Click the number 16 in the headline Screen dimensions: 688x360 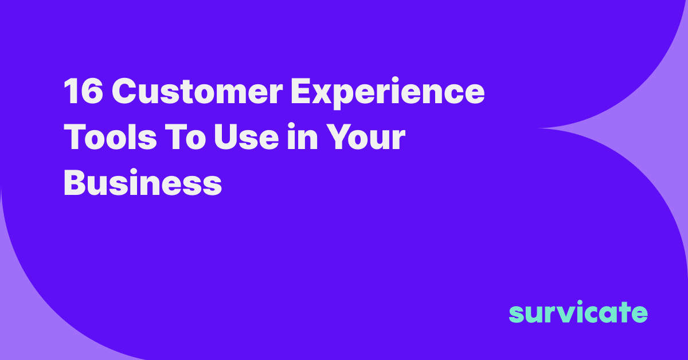[x=83, y=91]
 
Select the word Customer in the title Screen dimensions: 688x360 [x=197, y=91]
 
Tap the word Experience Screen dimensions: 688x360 [x=388, y=93]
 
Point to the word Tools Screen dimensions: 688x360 [x=110, y=136]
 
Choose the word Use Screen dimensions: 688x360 [x=247, y=136]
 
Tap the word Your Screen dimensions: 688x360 [x=366, y=136]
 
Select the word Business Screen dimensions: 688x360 [x=143, y=182]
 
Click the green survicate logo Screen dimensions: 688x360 [x=578, y=311]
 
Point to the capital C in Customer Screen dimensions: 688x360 [x=124, y=91]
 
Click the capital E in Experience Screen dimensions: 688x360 [x=300, y=91]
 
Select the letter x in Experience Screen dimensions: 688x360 [x=322, y=95]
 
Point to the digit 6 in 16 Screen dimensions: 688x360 [x=91, y=91]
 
